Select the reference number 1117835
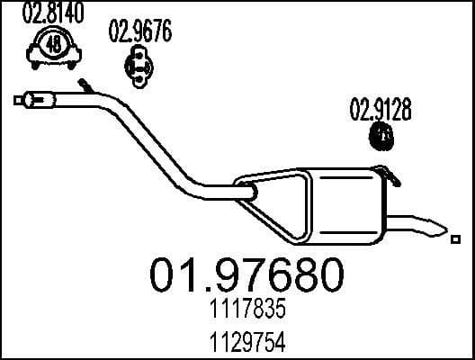tap(237, 311)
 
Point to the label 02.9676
tap(139, 33)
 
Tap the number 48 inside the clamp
tap(54, 44)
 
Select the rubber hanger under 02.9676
tap(138, 65)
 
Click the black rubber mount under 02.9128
tap(382, 138)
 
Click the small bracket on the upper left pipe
tap(85, 86)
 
